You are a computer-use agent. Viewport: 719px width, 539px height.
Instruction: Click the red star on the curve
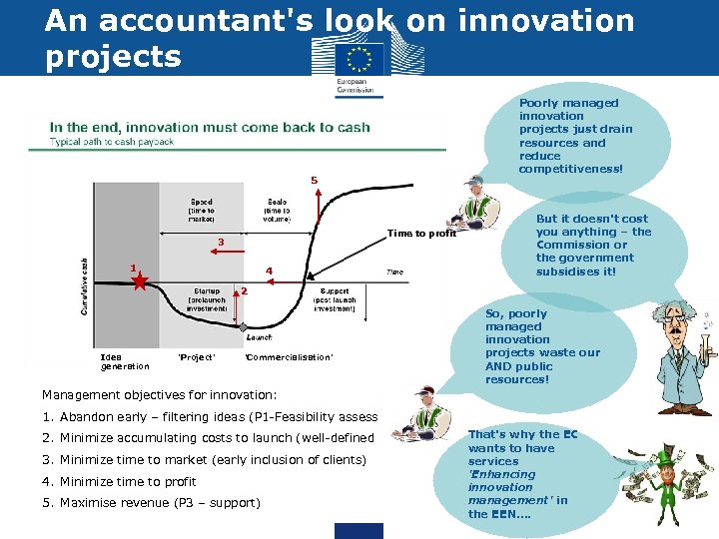click(x=141, y=282)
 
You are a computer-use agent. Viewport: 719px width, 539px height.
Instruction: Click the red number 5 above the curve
click(x=314, y=181)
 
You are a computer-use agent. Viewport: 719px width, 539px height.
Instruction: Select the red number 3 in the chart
click(x=221, y=242)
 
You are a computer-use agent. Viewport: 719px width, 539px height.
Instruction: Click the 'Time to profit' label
click(x=421, y=234)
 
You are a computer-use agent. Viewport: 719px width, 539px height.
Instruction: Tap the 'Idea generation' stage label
click(x=125, y=361)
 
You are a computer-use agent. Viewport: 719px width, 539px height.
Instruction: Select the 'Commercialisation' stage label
click(x=289, y=357)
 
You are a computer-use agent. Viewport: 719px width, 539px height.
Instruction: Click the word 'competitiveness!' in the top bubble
click(x=570, y=169)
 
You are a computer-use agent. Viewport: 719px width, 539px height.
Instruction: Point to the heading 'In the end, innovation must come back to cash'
click(x=210, y=127)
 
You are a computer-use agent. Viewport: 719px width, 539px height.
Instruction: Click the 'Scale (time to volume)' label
click(x=277, y=211)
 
